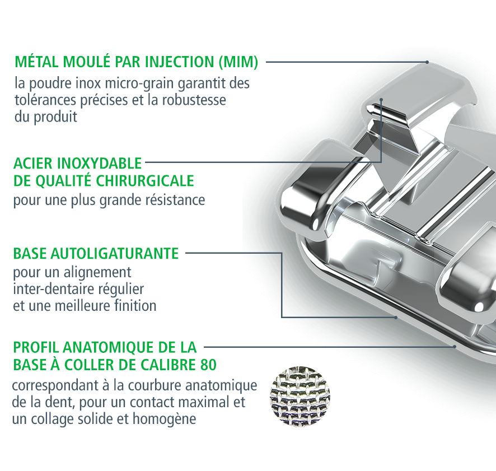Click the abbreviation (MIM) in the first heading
[238, 62]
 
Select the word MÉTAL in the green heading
[37, 61]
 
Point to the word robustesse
[194, 100]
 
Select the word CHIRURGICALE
[145, 181]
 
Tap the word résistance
[179, 200]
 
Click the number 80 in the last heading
[208, 365]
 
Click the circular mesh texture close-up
[300, 397]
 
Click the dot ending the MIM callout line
[427, 62]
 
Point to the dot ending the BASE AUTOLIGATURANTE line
[396, 317]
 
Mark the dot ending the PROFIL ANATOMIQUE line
[455, 347]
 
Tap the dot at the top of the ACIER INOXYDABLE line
[381, 100]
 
